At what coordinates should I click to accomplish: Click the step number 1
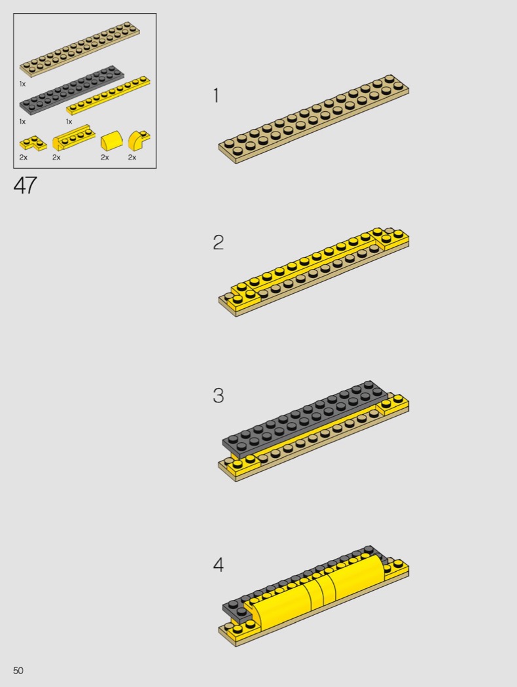click(x=215, y=95)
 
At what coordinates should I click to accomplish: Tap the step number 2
click(x=218, y=243)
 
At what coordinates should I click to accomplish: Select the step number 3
click(x=218, y=396)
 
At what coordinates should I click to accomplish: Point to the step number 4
click(x=218, y=565)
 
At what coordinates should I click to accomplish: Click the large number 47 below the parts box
click(x=25, y=185)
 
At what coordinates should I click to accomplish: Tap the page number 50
click(x=18, y=671)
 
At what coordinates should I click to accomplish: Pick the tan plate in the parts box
click(x=80, y=48)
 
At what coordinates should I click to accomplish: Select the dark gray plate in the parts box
click(x=71, y=90)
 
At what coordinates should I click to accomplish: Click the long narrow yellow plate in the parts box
click(x=108, y=96)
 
